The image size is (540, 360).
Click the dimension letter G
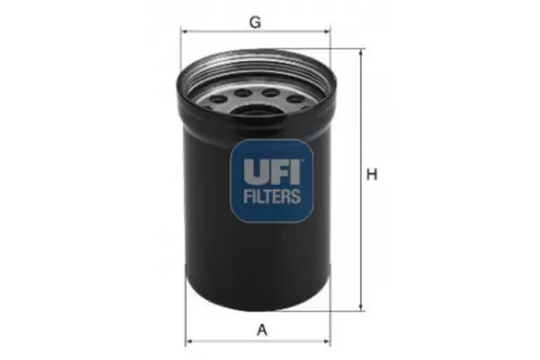click(255, 22)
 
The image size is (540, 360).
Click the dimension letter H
click(372, 175)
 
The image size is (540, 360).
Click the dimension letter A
click(262, 329)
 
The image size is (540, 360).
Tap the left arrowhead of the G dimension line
click(184, 31)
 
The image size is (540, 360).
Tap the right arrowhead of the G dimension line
click(327, 31)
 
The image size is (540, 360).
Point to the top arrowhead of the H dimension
click(361, 52)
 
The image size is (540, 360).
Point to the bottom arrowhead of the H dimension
click(361, 307)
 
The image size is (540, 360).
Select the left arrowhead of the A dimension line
click(189, 342)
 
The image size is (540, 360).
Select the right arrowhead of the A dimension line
click(327, 342)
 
